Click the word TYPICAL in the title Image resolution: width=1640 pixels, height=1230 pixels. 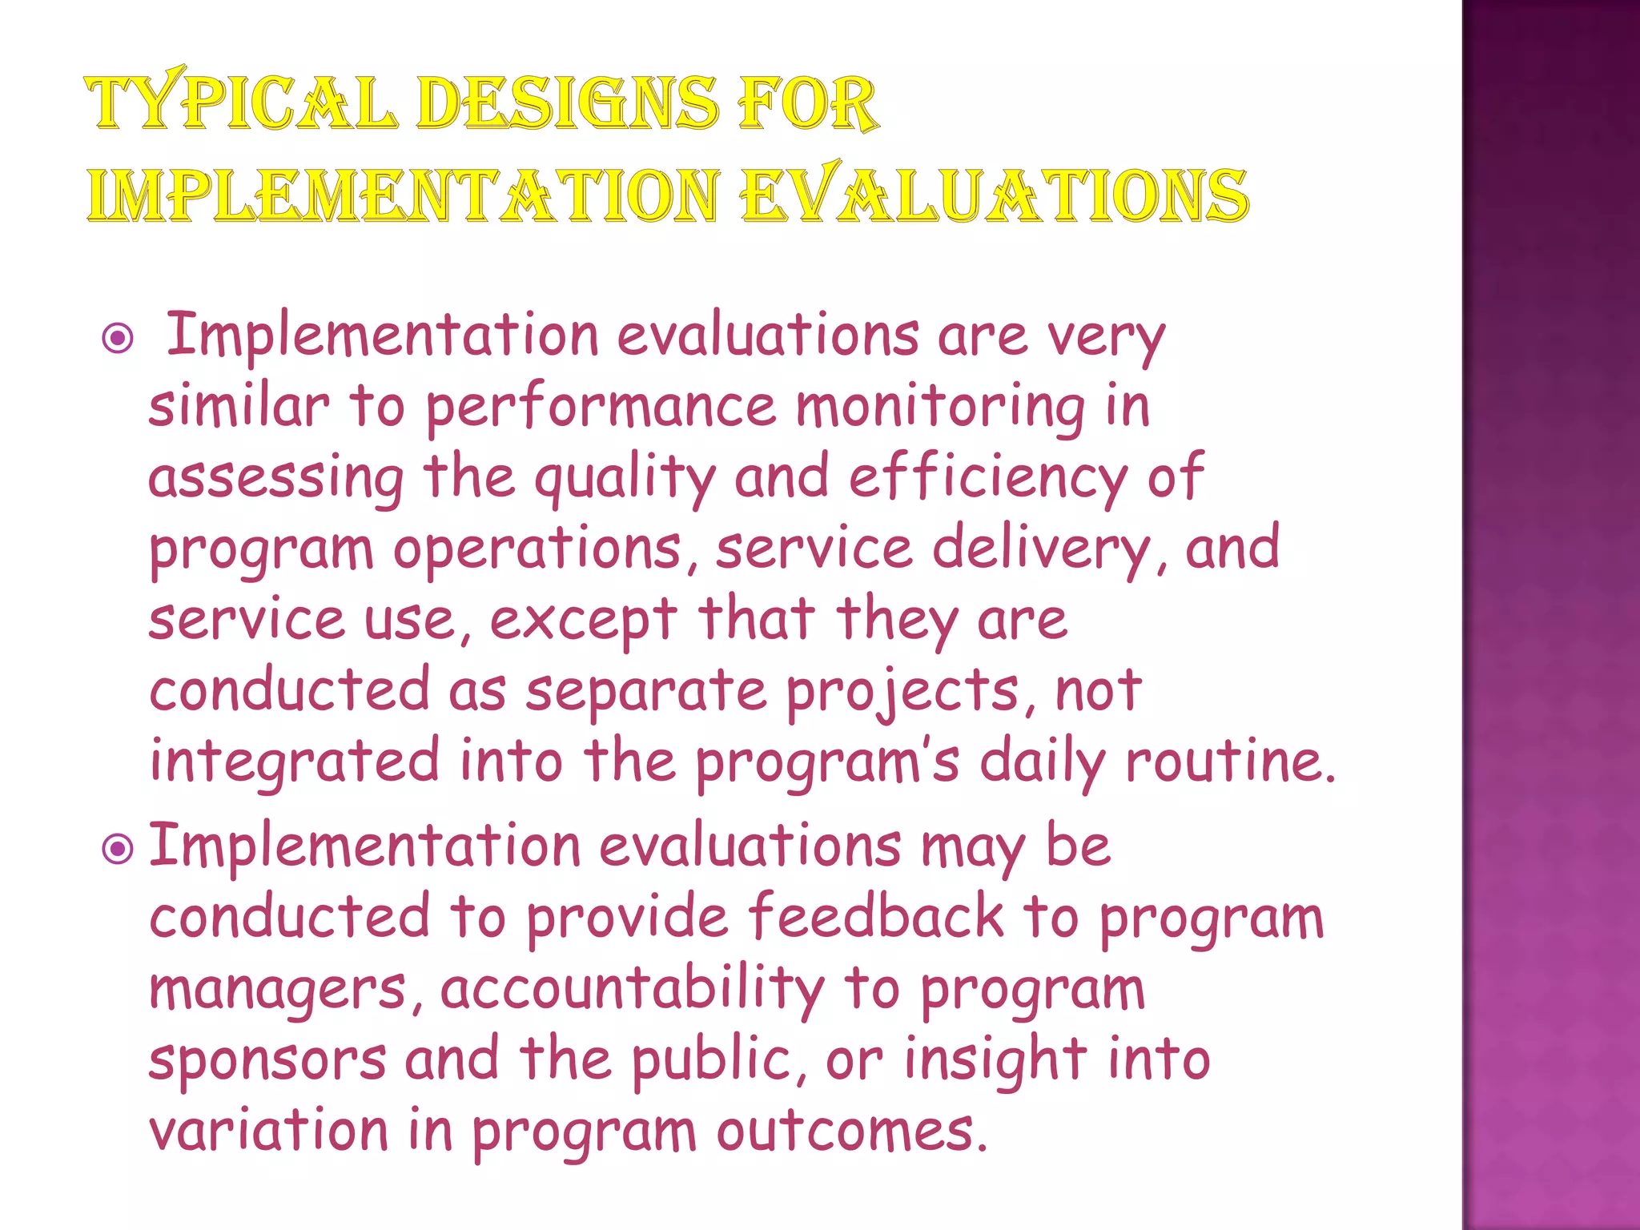click(x=241, y=103)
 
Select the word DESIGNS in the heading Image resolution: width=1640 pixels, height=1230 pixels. click(x=567, y=103)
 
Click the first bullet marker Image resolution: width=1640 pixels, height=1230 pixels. click(x=119, y=339)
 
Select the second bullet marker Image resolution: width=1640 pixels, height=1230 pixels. click(x=119, y=849)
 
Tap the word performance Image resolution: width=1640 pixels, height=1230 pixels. click(x=600, y=408)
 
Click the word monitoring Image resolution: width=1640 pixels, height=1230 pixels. click(x=941, y=408)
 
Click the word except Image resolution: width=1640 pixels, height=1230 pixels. click(x=584, y=621)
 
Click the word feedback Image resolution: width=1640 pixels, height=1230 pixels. click(x=876, y=917)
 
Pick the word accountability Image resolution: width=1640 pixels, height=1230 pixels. click(x=632, y=988)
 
